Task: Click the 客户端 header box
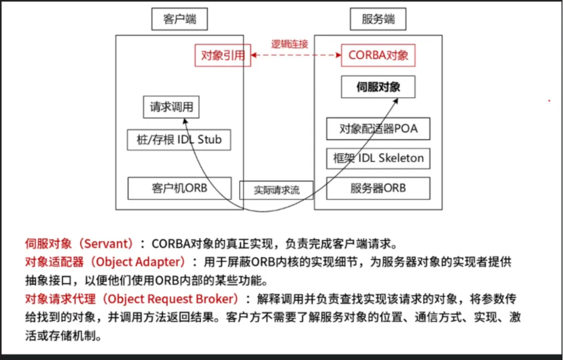(179, 19)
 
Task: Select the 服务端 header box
(378, 19)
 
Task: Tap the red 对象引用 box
(223, 55)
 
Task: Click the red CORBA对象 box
(378, 55)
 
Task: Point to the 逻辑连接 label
(289, 44)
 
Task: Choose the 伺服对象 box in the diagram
(378, 87)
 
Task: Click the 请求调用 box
(172, 107)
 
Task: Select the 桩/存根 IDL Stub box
(179, 140)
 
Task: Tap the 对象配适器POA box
(378, 129)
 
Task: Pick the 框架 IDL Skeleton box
(378, 158)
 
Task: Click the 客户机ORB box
(179, 188)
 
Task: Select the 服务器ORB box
(378, 188)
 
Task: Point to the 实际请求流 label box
(276, 190)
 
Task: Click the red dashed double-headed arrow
(296, 54)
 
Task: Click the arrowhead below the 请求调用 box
(184, 120)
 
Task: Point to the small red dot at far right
(549, 100)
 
